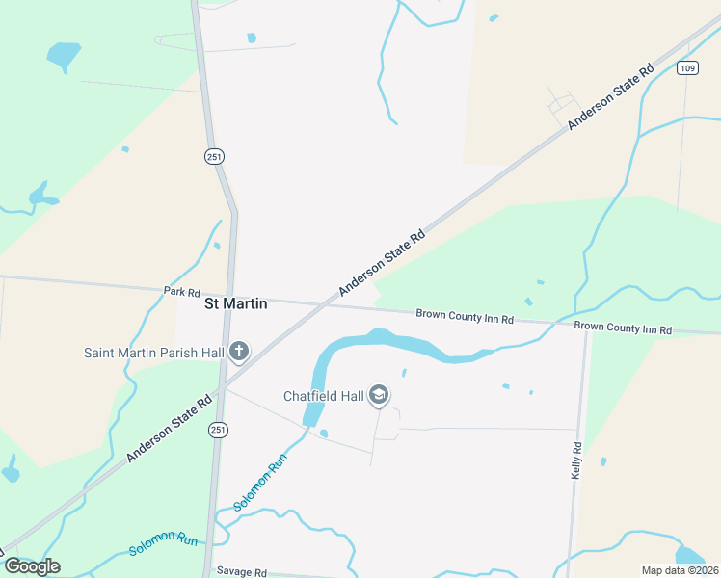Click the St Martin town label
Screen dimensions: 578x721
[x=235, y=303]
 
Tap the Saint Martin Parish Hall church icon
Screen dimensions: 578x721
[x=239, y=352]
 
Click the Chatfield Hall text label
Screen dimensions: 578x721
[x=324, y=396]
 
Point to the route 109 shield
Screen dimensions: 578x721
[x=686, y=67]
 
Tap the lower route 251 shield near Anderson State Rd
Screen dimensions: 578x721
[x=219, y=430]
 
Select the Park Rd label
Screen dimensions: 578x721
[x=181, y=291]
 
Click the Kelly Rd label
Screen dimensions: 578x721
[x=576, y=460]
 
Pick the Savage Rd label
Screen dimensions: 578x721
[x=241, y=572]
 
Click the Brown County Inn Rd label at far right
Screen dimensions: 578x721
[x=623, y=328]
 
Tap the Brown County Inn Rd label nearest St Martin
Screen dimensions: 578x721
[x=465, y=317]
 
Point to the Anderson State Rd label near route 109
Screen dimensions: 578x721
[x=611, y=97]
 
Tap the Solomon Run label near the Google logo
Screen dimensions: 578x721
[x=163, y=544]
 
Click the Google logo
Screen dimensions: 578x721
[x=32, y=566]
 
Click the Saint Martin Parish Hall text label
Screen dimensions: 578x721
[x=154, y=353]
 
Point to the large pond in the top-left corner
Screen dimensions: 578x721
[x=64, y=55]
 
